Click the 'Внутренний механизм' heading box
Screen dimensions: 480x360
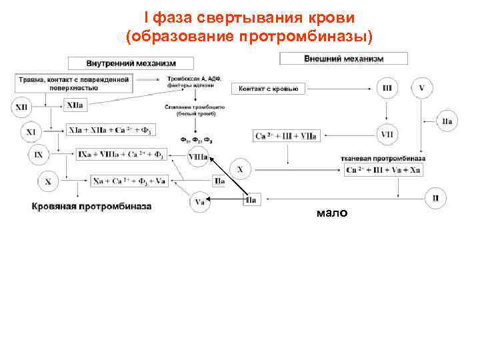[131, 63]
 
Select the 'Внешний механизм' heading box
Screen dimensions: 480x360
[343, 59]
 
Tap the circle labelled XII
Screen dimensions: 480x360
[23, 106]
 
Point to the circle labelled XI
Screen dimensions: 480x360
[31, 132]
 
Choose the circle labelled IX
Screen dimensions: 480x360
[39, 156]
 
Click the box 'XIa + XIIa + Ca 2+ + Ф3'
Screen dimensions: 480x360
[115, 130]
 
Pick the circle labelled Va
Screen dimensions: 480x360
[201, 200]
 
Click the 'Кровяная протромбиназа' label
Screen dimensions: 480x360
[92, 206]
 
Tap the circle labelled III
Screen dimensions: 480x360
[387, 88]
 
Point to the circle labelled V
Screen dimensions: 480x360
[422, 88]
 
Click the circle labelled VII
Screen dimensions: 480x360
[387, 134]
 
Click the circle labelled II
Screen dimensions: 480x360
[435, 198]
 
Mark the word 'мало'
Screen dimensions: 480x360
[331, 213]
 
